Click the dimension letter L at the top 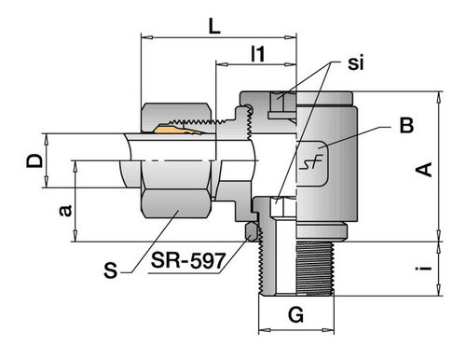pyautogui.click(x=214, y=26)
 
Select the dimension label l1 pyautogui.click(x=258, y=54)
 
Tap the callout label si pyautogui.click(x=355, y=62)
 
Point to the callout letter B pyautogui.click(x=406, y=125)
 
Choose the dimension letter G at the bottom pyautogui.click(x=295, y=315)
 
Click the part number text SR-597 pyautogui.click(x=188, y=260)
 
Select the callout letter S pyautogui.click(x=111, y=270)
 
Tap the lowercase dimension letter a pyautogui.click(x=65, y=211)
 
